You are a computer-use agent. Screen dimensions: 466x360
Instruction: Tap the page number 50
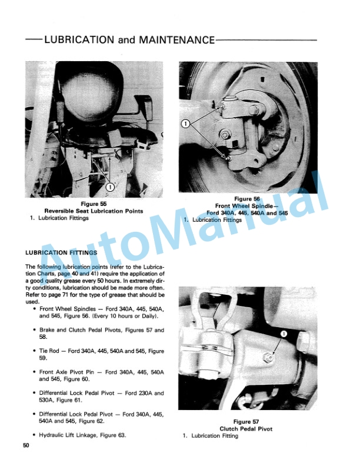(26, 446)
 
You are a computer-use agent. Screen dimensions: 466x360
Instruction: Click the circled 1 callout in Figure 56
(186, 124)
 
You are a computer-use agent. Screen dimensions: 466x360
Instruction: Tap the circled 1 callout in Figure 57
(283, 333)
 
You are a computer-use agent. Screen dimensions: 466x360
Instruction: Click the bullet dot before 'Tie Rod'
(35, 351)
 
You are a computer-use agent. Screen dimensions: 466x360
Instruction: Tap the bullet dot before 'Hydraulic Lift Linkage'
(35, 435)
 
